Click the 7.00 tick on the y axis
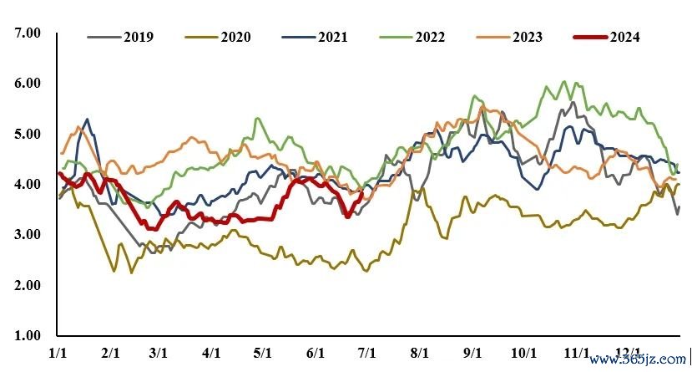(x=28, y=33)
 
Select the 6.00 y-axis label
(x=28, y=84)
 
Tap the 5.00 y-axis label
(x=28, y=134)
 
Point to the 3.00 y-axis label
(x=28, y=235)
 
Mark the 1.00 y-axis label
(x=28, y=336)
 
